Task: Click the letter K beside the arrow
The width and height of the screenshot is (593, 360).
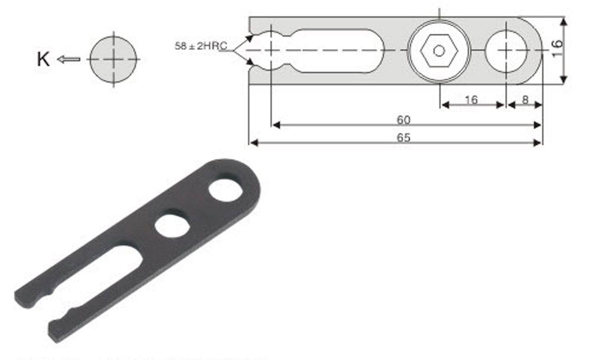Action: pyautogui.click(x=43, y=59)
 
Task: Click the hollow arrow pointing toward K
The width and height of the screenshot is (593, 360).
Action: pyautogui.click(x=69, y=59)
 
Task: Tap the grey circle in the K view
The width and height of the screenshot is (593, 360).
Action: pyautogui.click(x=113, y=59)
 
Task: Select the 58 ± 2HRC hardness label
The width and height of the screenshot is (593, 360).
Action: pyautogui.click(x=201, y=46)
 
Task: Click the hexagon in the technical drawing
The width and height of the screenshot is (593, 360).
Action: pyautogui.click(x=439, y=50)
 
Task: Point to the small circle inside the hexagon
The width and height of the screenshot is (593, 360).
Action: pyautogui.click(x=439, y=50)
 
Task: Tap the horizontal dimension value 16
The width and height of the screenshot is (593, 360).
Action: pyautogui.click(x=471, y=100)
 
